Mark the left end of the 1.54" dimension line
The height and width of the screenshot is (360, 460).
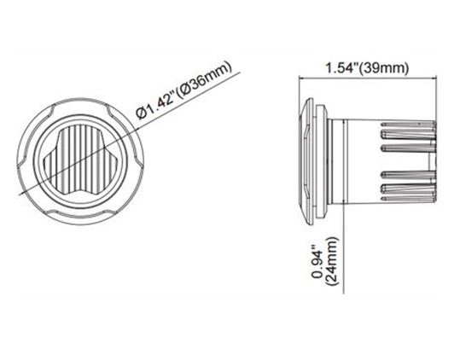298,78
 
